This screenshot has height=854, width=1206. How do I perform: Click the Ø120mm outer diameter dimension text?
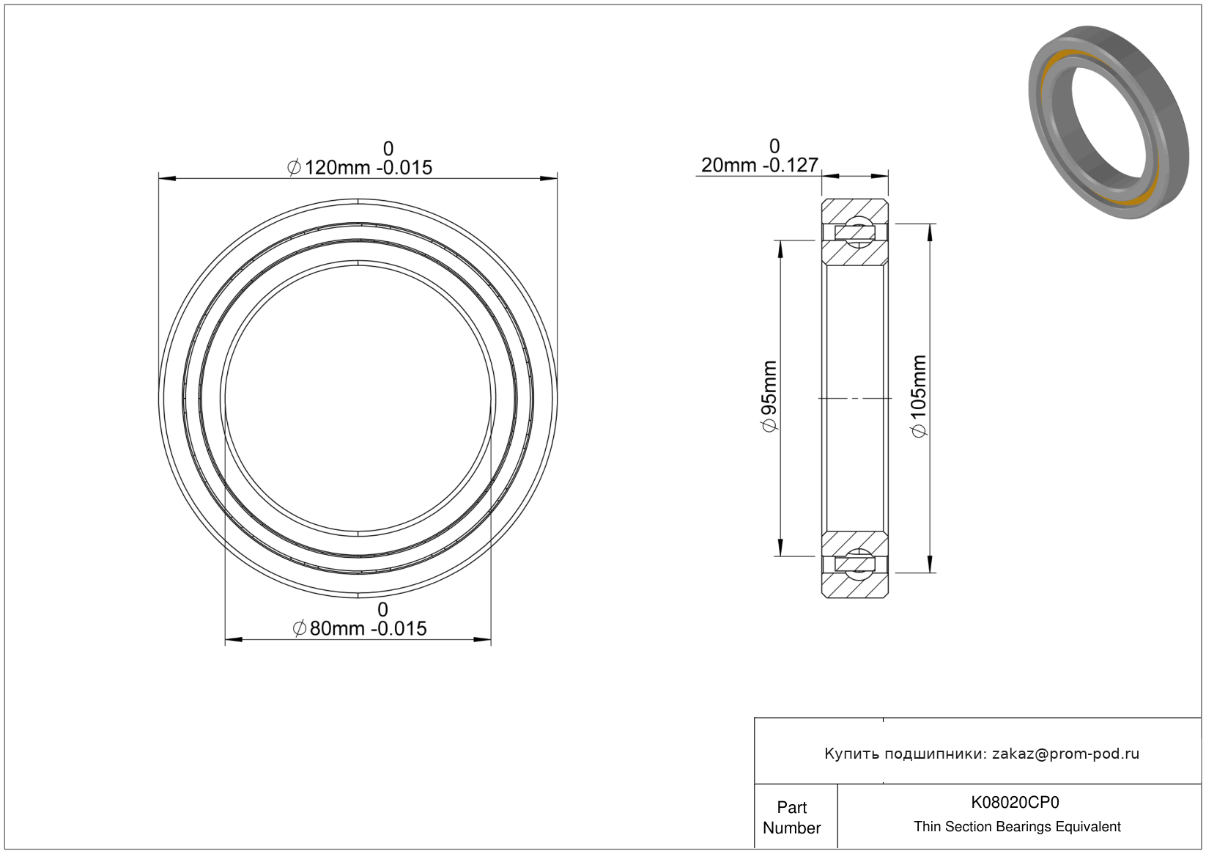coord(360,168)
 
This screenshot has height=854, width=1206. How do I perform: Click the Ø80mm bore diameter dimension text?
coord(360,628)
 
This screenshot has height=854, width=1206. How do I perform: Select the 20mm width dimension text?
coord(760,165)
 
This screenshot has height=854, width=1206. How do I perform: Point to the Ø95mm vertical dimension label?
coord(769,396)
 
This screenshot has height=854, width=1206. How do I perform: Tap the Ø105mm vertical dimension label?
coord(919,396)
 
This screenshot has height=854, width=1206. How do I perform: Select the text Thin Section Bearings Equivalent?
coord(1017,827)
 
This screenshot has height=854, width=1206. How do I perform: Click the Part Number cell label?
coord(791,817)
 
